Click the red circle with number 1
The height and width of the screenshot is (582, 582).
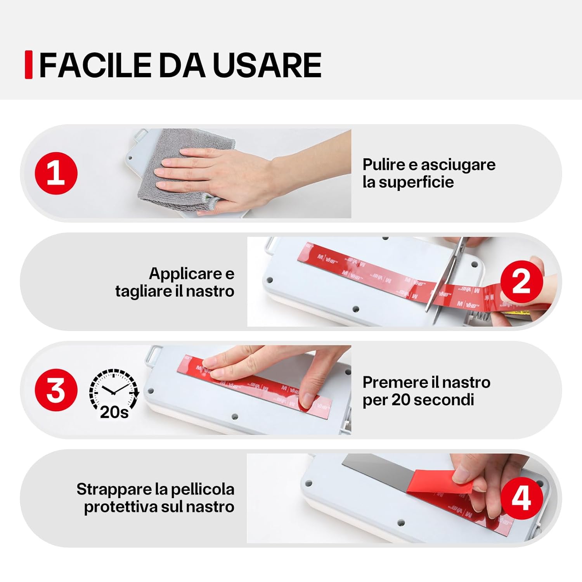point(56,173)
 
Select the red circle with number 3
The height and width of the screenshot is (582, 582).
point(56,390)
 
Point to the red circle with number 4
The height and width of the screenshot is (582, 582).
point(521,498)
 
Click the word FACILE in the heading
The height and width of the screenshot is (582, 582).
point(95,65)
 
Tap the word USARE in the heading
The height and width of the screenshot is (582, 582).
point(267,65)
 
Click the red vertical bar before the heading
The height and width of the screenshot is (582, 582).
point(28,65)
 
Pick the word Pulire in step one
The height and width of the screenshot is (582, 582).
point(384,165)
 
